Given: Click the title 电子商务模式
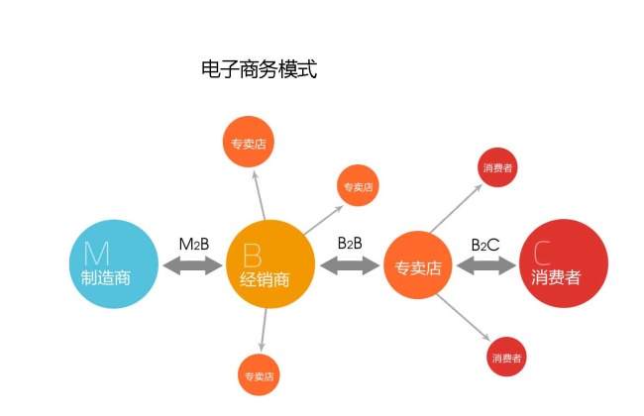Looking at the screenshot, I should coord(258,69).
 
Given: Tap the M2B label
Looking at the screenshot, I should coord(193,244).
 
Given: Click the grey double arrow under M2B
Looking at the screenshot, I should coord(193,264).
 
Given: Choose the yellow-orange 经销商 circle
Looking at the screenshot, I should coord(270,263).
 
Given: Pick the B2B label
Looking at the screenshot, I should coord(350,242).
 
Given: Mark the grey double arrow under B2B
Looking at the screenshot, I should coord(351,264).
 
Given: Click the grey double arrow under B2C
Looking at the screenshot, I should coord(486,265).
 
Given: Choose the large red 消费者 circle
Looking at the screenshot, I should coord(563,263).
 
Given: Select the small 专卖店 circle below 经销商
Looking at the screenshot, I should coord(261,375).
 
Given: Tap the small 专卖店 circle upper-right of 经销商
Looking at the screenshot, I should coord(357,185).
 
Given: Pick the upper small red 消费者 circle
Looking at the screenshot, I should coord(497,167).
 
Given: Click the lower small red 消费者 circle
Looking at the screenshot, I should coord(505,357).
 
